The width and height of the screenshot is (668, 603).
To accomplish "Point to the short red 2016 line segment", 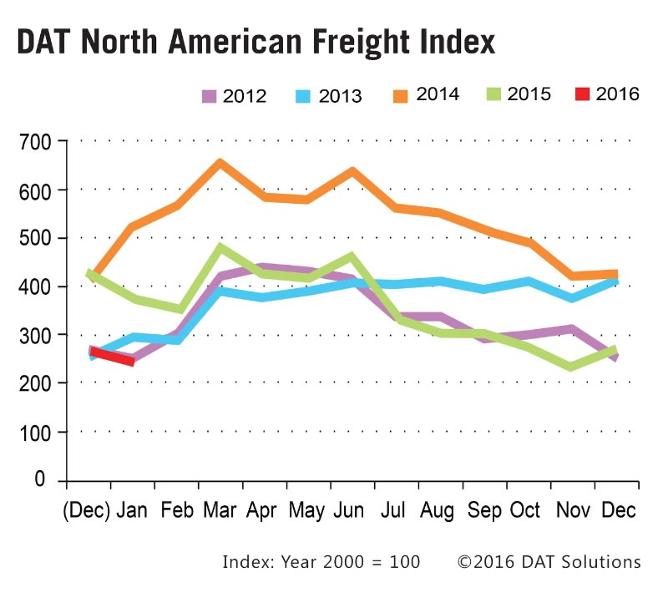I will (x=112, y=357).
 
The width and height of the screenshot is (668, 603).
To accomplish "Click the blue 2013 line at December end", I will (x=615, y=282).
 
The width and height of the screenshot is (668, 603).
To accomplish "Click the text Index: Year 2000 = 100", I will (x=321, y=561).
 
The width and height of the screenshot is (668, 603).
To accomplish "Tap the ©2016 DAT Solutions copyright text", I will (x=549, y=561).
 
